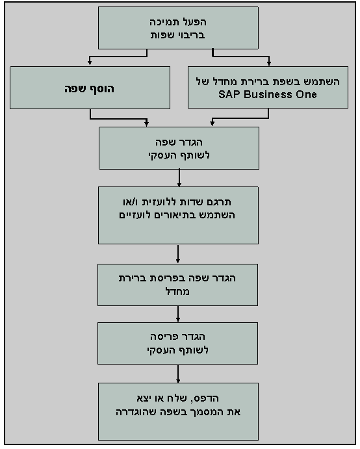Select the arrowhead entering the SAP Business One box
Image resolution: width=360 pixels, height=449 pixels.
click(269, 64)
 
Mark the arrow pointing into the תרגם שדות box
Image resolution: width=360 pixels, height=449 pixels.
click(178, 184)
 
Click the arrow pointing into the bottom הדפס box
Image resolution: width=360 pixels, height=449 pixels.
click(178, 380)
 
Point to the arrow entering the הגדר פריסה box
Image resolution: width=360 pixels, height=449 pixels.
click(178, 320)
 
